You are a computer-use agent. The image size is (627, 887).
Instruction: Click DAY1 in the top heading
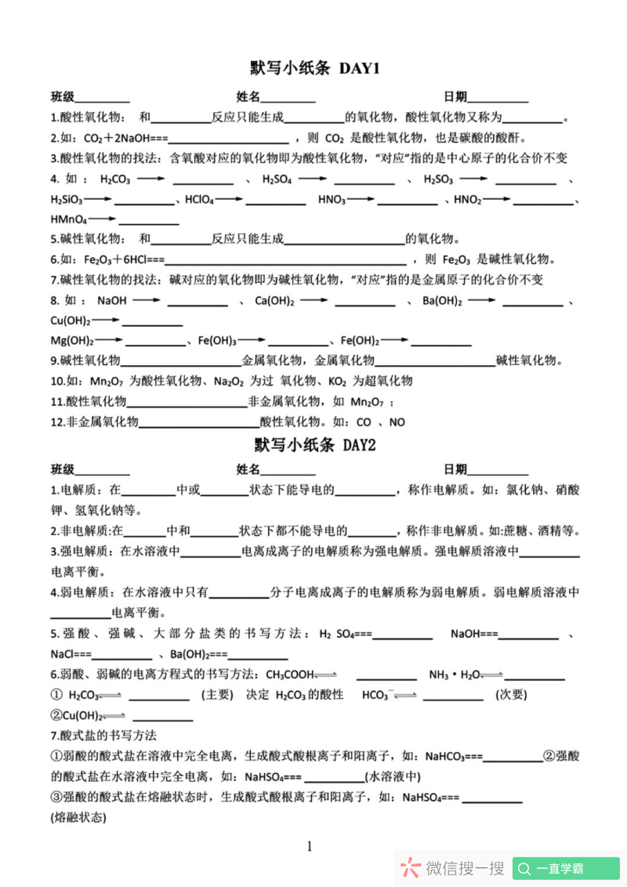pos(360,69)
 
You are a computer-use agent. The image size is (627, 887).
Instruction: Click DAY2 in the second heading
pos(359,445)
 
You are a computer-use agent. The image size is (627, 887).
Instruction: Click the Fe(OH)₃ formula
pos(217,341)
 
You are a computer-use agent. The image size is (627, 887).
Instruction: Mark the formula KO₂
pos(338,382)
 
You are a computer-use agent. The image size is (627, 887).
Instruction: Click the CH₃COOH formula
pos(289,674)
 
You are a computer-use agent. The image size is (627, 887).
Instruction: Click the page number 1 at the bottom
pos(310,846)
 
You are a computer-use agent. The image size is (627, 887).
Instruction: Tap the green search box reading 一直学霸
pos(566,868)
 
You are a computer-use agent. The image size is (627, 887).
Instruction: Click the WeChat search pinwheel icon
pos(410,867)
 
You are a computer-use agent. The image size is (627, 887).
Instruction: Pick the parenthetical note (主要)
pos(217,694)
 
